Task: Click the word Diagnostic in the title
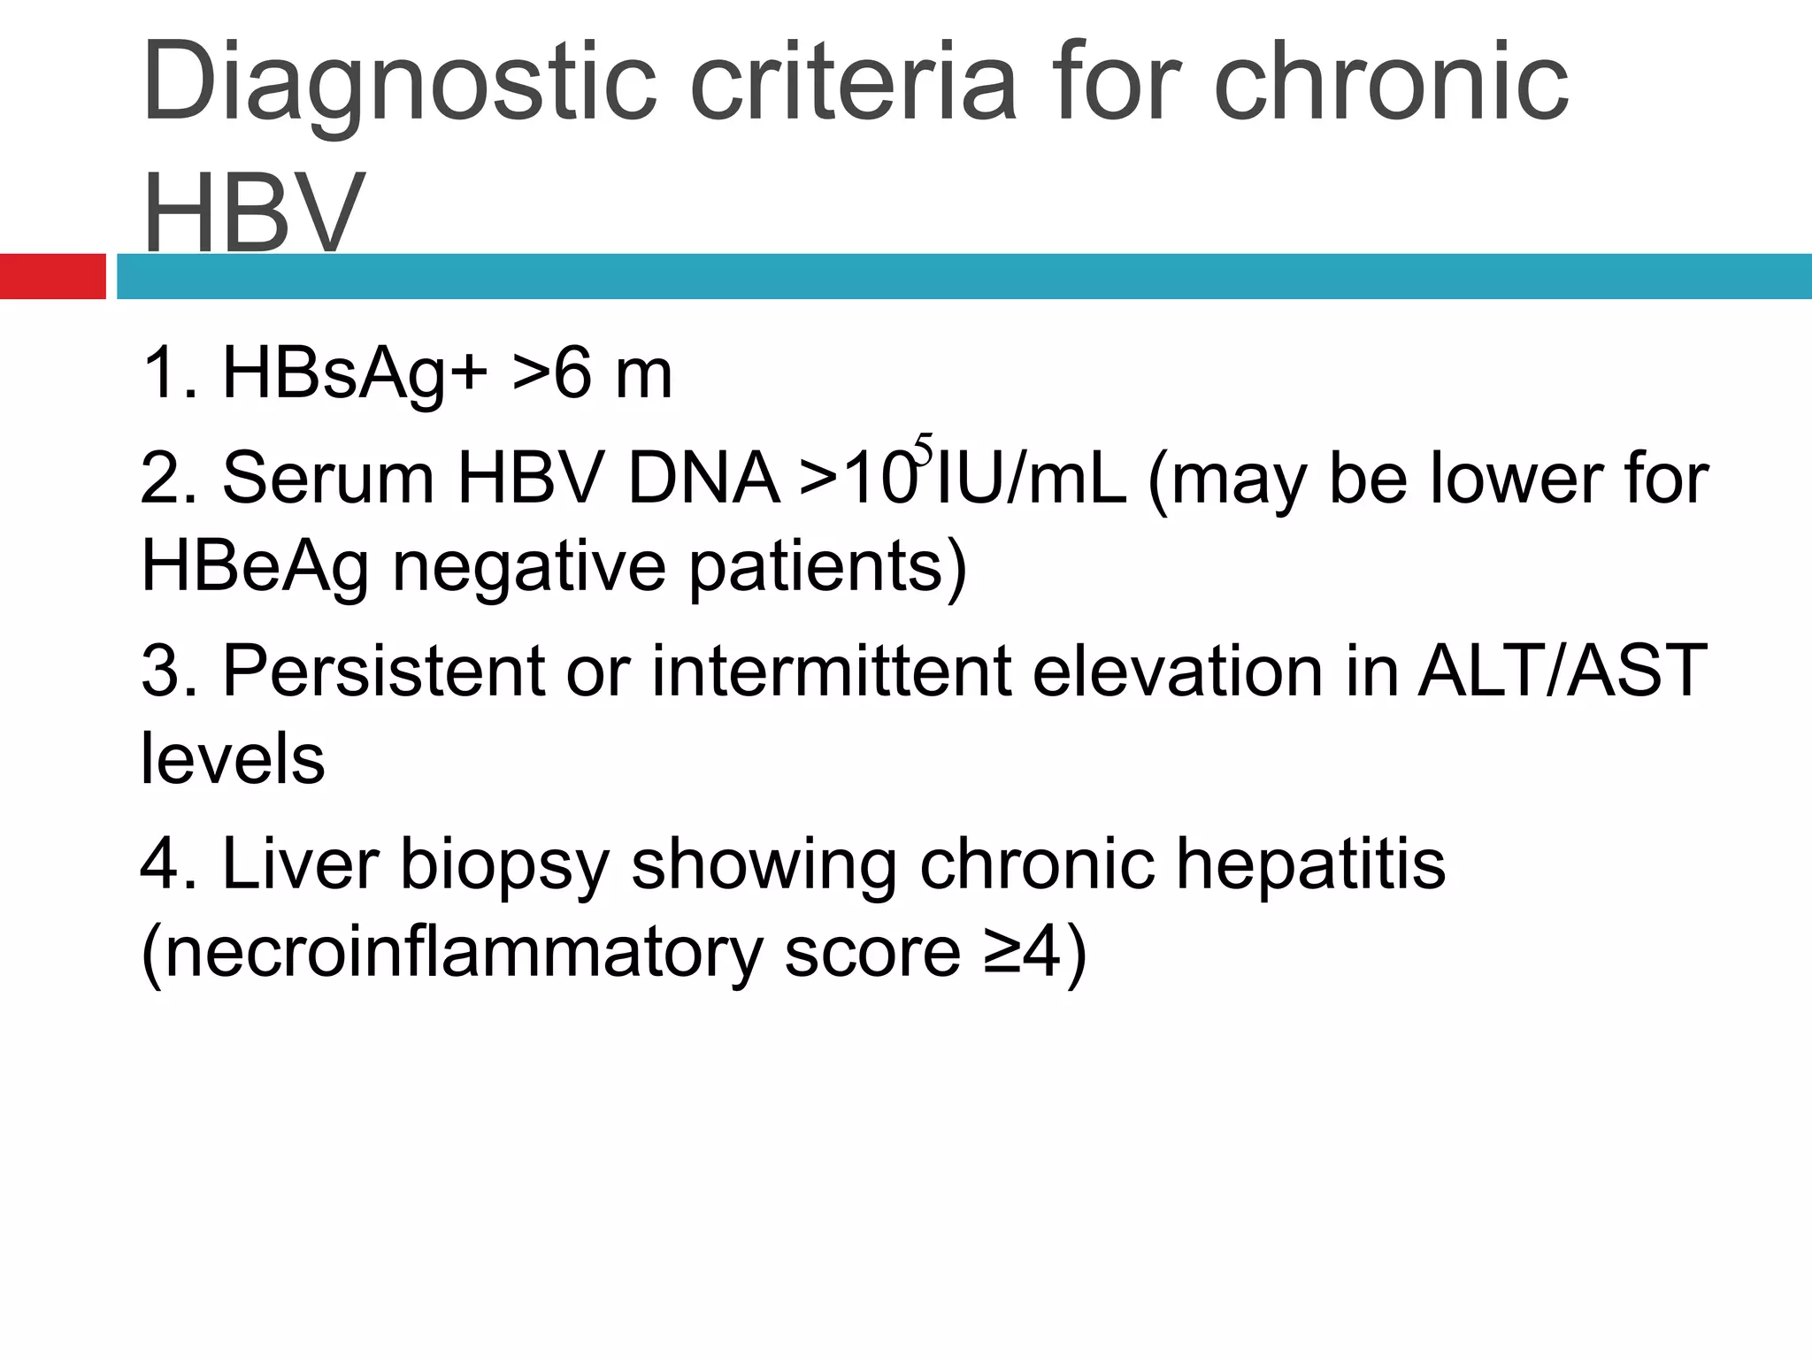coord(398,84)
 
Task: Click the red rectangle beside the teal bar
coord(52,276)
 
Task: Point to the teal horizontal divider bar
coord(964,276)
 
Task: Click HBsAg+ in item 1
coord(354,373)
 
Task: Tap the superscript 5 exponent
coord(924,449)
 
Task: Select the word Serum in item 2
coord(328,479)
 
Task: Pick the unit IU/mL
coord(1032,479)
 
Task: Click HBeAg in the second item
coord(255,566)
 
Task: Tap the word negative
coord(528,566)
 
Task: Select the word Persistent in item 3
coord(382,671)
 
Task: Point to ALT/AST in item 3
coord(1562,671)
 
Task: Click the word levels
coord(233,759)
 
